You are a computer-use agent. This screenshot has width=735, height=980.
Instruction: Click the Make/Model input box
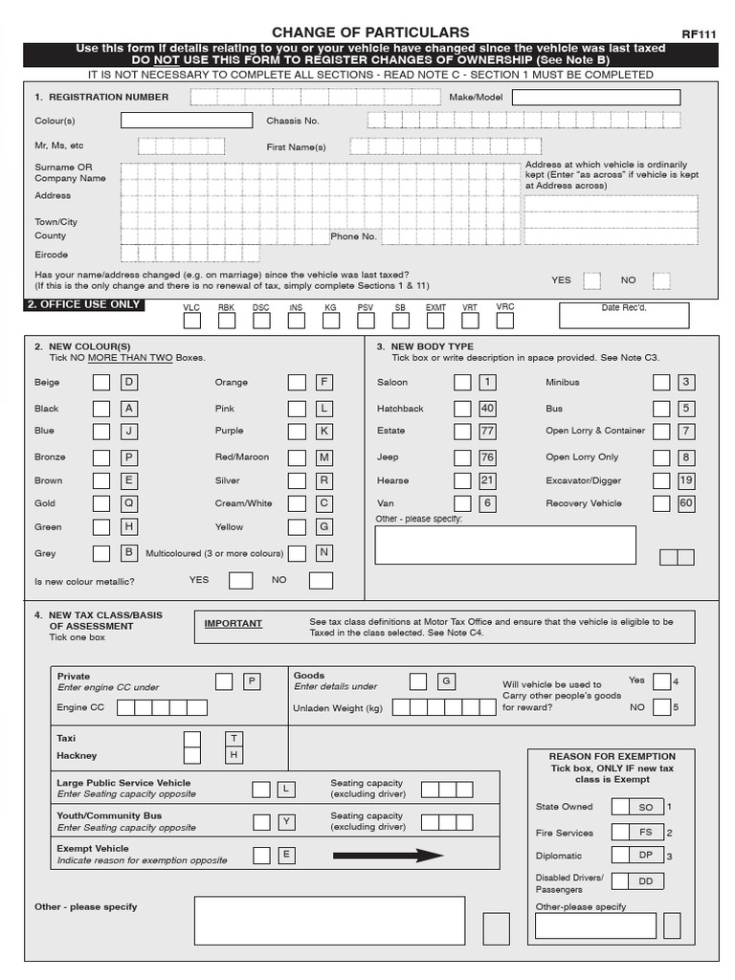[596, 98]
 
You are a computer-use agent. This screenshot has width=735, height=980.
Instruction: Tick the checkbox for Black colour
[100, 408]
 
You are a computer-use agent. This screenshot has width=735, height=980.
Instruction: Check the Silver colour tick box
[298, 480]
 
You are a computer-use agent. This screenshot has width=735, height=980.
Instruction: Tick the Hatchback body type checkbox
[462, 408]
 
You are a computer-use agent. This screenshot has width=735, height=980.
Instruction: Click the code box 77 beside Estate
[487, 431]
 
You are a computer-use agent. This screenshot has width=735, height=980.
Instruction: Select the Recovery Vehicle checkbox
[661, 503]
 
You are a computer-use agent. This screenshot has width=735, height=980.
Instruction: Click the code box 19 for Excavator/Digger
[686, 480]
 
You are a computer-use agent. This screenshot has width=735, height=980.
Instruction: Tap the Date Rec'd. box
[624, 315]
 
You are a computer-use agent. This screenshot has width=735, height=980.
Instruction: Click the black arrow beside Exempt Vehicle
[388, 856]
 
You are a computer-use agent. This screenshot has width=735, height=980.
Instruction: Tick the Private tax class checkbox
[224, 681]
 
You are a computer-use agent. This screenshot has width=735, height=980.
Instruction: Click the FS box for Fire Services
[645, 833]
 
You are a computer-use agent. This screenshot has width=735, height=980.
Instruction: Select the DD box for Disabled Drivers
[645, 881]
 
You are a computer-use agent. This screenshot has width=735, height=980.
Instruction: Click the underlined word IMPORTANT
[233, 624]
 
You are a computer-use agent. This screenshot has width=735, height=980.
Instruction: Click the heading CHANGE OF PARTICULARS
[370, 33]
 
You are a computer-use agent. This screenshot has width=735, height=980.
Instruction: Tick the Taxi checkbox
[192, 739]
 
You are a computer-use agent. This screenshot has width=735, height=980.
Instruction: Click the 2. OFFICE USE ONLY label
[84, 304]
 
